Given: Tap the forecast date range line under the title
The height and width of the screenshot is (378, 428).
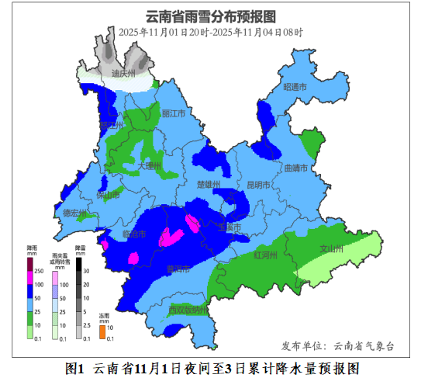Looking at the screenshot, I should pyautogui.click(x=211, y=33).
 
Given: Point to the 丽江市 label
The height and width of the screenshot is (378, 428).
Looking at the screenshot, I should pyautogui.click(x=174, y=113).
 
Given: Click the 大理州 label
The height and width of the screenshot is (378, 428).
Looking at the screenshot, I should pyautogui.click(x=148, y=166).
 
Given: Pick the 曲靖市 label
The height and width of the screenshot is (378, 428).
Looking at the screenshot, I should pyautogui.click(x=296, y=168).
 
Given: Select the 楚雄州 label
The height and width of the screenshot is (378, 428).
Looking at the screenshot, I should pyautogui.click(x=209, y=185).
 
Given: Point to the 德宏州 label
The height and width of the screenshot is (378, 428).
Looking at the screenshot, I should pyautogui.click(x=74, y=212).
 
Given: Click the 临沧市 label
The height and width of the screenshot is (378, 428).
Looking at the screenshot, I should pyautogui.click(x=134, y=233).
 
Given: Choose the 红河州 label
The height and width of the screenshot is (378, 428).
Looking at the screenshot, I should pyautogui.click(x=265, y=254).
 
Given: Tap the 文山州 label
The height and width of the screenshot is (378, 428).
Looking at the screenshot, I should pyautogui.click(x=331, y=249).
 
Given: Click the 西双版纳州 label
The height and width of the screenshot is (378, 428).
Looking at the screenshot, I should pyautogui.click(x=189, y=310).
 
